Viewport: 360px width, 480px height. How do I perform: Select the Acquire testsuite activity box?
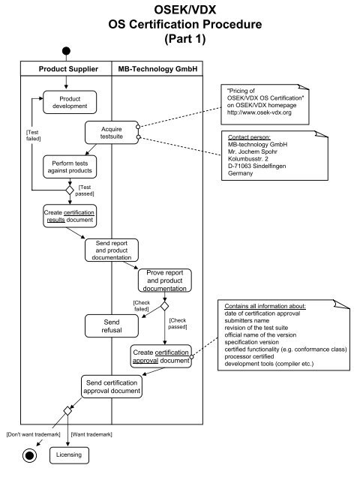(x=111, y=133)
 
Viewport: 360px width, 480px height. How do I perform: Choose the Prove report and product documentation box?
(x=165, y=282)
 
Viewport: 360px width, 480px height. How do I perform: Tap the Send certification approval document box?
(x=112, y=386)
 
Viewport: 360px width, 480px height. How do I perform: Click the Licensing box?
(x=68, y=454)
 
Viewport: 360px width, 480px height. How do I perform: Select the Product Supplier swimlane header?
(x=68, y=70)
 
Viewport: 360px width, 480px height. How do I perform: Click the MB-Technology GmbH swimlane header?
(x=157, y=70)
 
